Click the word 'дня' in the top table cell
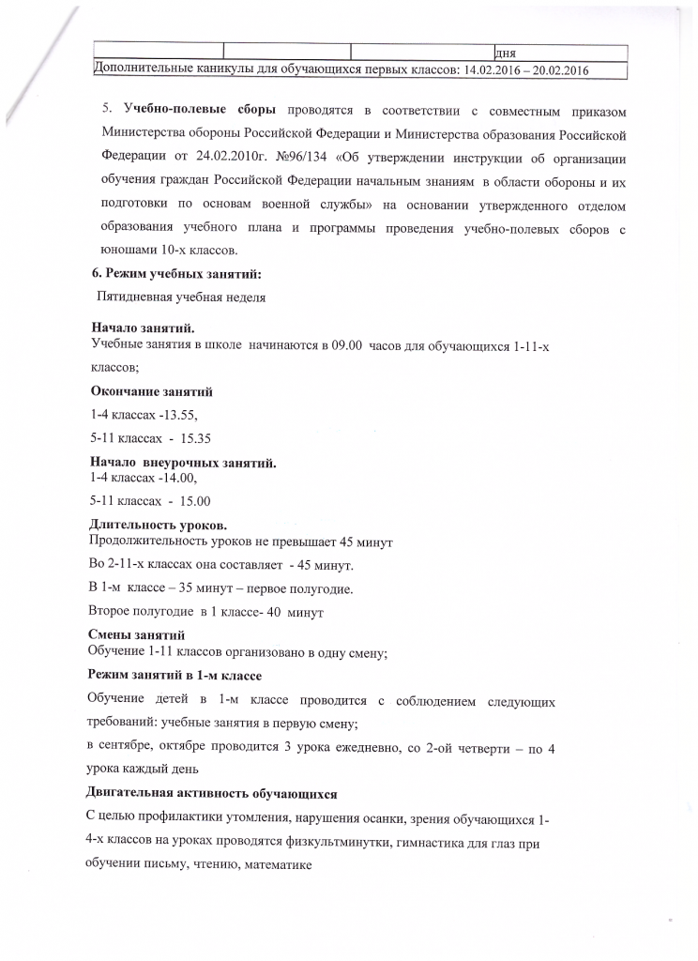(506, 53)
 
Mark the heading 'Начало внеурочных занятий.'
(182, 463)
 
